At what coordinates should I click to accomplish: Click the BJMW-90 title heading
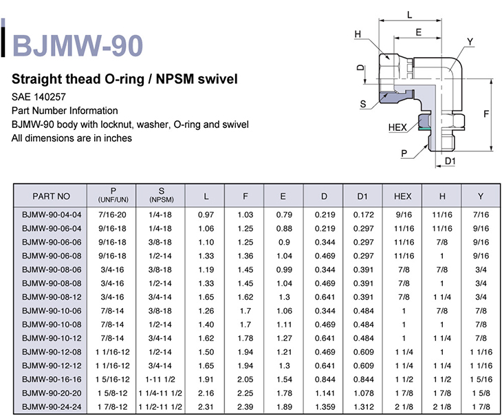(78, 46)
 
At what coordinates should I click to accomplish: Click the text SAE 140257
(39, 97)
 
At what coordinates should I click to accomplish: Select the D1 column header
(362, 196)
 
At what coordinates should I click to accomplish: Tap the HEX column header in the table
(402, 196)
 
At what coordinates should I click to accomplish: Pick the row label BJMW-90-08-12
(52, 297)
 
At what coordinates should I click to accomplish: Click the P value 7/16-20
(112, 215)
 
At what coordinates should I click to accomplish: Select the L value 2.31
(206, 407)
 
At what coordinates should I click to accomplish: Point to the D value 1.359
(325, 407)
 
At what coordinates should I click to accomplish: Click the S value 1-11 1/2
(160, 379)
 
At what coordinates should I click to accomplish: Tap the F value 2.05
(245, 379)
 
